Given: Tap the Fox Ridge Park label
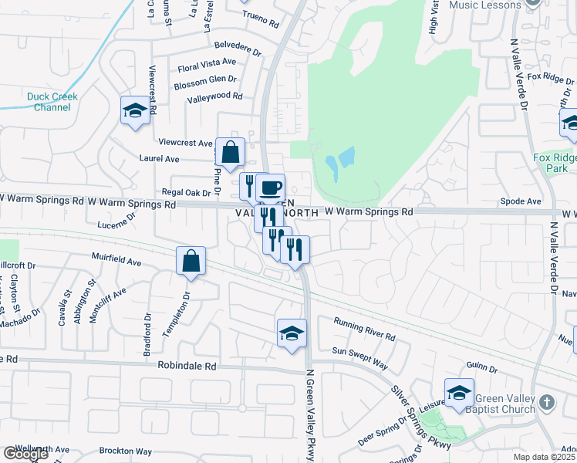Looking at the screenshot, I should (x=555, y=162).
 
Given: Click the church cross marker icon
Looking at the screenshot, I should (x=546, y=402).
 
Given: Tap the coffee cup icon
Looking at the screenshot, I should (x=271, y=188).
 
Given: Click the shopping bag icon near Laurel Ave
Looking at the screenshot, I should (x=231, y=151).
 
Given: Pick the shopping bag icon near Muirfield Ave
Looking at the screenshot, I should (x=191, y=261).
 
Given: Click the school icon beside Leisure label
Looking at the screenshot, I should (x=459, y=392).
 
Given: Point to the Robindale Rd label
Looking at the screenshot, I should (x=187, y=366).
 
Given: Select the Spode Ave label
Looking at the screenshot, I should (x=521, y=202).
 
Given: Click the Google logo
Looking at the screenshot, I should (x=25, y=454).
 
